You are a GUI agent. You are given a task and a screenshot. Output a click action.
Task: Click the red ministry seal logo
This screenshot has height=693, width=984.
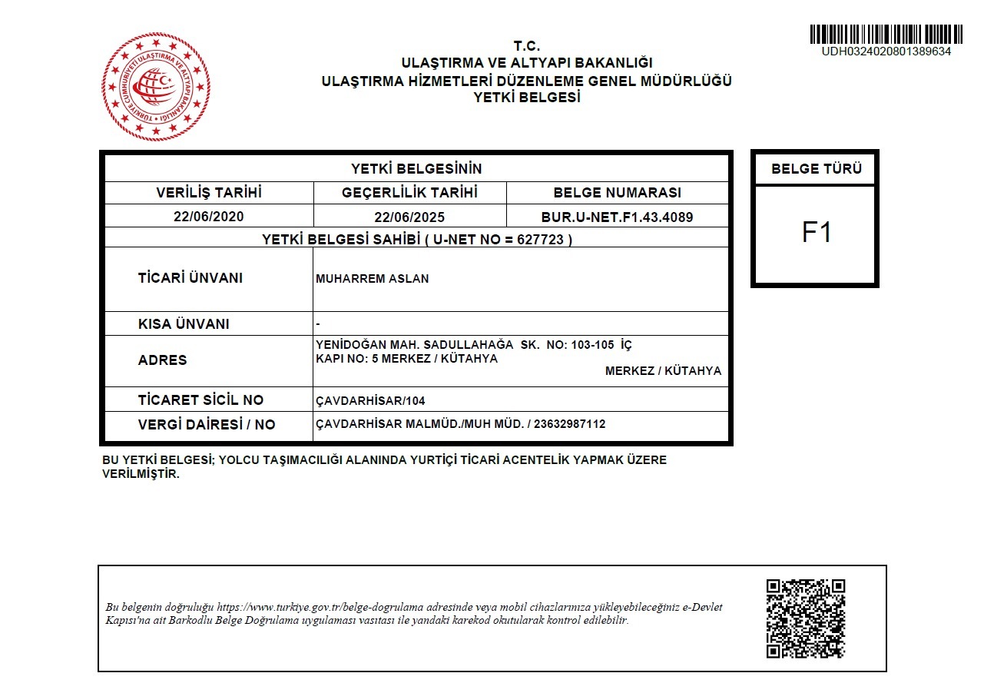tap(156, 86)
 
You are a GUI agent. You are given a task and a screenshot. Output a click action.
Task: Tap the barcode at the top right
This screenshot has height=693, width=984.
tap(886, 34)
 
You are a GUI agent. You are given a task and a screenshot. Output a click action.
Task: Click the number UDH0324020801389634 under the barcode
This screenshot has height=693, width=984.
tap(886, 51)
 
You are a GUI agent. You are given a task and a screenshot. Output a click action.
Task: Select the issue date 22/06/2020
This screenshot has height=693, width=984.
tap(208, 217)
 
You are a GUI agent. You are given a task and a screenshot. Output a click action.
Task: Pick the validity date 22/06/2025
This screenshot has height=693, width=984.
tap(409, 217)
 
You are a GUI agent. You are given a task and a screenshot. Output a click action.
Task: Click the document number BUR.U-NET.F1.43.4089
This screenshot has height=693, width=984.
tap(617, 217)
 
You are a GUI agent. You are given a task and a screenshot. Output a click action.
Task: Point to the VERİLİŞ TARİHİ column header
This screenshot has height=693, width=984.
tap(209, 193)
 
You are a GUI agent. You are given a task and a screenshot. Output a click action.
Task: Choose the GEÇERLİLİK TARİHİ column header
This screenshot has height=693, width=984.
tap(409, 193)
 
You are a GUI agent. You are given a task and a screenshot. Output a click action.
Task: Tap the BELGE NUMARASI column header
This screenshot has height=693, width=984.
tap(617, 193)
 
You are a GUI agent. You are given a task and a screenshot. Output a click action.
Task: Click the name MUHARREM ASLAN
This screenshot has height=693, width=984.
tap(373, 279)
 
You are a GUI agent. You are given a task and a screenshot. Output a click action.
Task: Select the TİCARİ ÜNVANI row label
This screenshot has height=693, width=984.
tap(190, 278)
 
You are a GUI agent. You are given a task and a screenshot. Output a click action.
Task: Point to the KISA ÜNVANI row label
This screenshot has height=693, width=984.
tap(184, 324)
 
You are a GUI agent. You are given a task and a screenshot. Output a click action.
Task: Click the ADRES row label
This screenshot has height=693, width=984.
tap(162, 360)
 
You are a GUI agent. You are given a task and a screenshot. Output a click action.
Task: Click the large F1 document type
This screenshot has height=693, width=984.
tap(817, 233)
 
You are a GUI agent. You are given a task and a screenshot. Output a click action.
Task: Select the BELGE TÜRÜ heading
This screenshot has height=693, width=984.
tap(817, 169)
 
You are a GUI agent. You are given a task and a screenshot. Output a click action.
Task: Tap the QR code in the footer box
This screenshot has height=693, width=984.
tap(806, 618)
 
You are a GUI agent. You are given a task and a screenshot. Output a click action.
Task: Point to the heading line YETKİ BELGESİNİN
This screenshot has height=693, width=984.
tap(416, 169)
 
